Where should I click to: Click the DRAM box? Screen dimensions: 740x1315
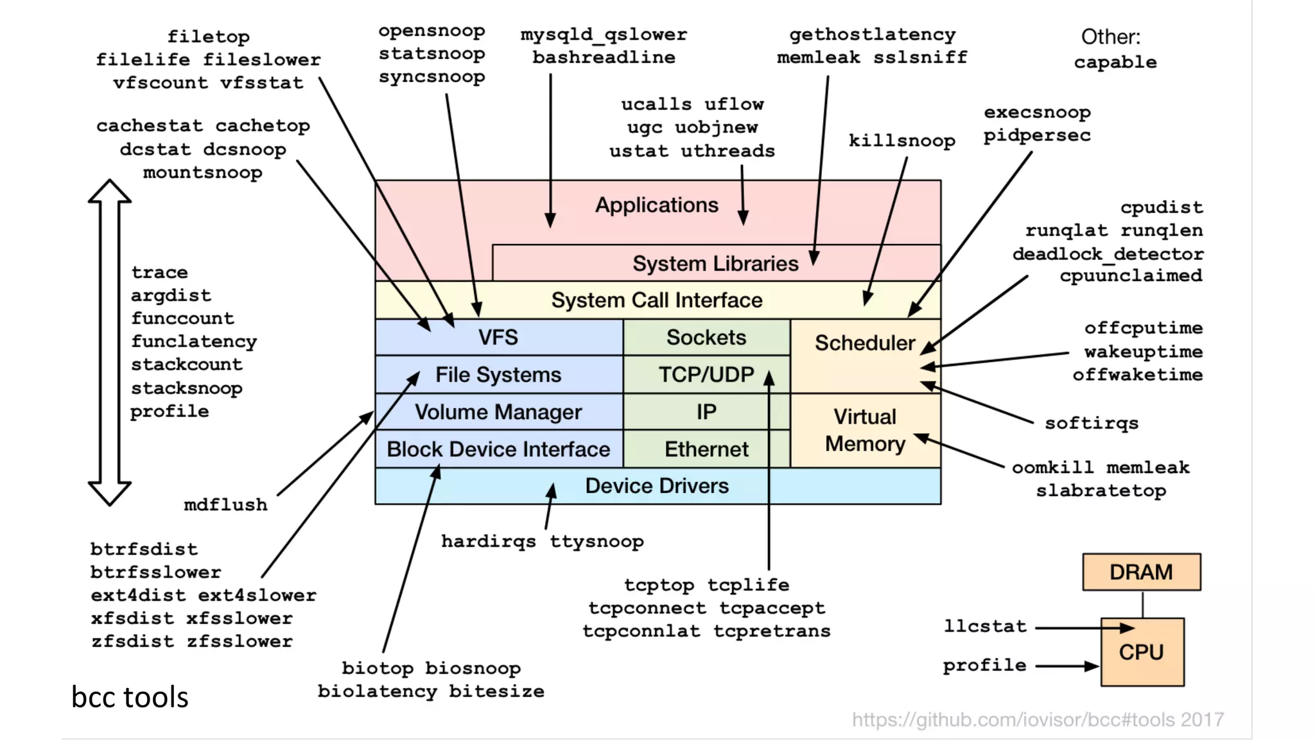(1141, 572)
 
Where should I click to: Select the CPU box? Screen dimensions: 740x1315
(1141, 652)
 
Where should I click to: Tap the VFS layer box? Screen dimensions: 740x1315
(498, 338)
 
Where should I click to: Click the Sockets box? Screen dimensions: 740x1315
(706, 338)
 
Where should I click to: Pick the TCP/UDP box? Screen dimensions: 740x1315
(706, 374)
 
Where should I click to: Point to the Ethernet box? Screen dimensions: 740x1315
(706, 449)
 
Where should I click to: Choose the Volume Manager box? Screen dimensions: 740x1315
(498, 412)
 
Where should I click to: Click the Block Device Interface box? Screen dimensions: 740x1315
(498, 449)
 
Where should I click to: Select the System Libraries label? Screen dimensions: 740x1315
(715, 264)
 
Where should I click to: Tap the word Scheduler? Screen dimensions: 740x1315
(864, 343)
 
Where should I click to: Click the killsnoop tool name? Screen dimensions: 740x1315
(901, 141)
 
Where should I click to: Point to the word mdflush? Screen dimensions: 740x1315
(225, 505)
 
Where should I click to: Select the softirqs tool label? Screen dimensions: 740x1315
(1091, 424)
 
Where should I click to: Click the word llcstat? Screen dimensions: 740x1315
(985, 626)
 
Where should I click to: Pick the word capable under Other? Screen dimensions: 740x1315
(1115, 62)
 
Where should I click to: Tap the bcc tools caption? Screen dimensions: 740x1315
(130, 697)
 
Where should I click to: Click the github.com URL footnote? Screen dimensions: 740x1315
(1038, 720)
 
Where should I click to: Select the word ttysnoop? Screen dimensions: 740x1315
(597, 542)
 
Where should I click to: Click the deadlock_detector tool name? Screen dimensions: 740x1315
(1108, 254)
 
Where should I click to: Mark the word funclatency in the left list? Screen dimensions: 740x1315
(194, 341)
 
